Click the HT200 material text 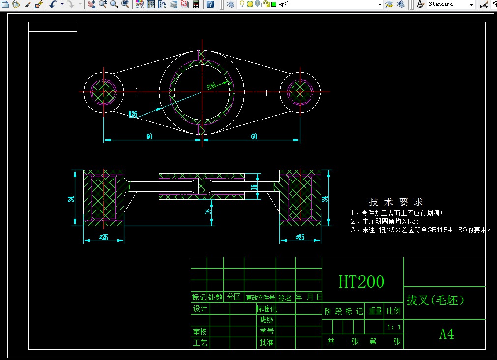coord(361,281)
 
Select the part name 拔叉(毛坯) coord(435,300)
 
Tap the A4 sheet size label coord(446,334)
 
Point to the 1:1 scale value coord(394,327)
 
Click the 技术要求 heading coord(396,202)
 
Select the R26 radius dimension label coord(133,114)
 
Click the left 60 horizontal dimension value coord(149,137)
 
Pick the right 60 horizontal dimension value coord(254,137)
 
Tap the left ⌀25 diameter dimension coord(104,237)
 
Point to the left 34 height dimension coord(71,199)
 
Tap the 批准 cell coord(266,343)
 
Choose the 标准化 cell coord(266,309)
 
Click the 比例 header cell coord(394,311)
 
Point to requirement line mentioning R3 coord(388,222)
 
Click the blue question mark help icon coord(210,4)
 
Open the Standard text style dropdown coord(471,4)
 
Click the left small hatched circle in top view coord(104,92)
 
